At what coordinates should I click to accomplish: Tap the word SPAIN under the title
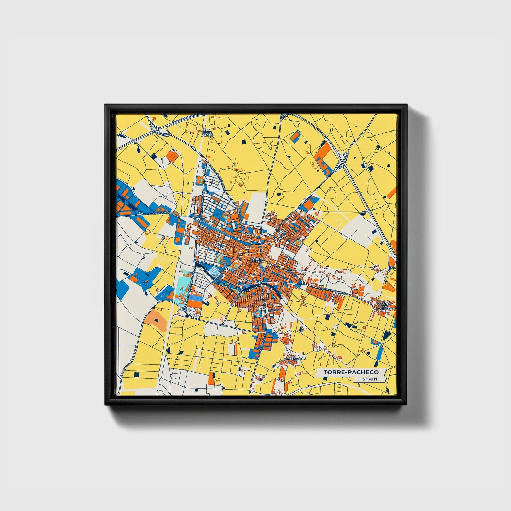click(370, 379)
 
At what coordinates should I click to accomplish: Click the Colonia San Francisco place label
click(384, 306)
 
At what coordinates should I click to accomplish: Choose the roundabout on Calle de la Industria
click(140, 214)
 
